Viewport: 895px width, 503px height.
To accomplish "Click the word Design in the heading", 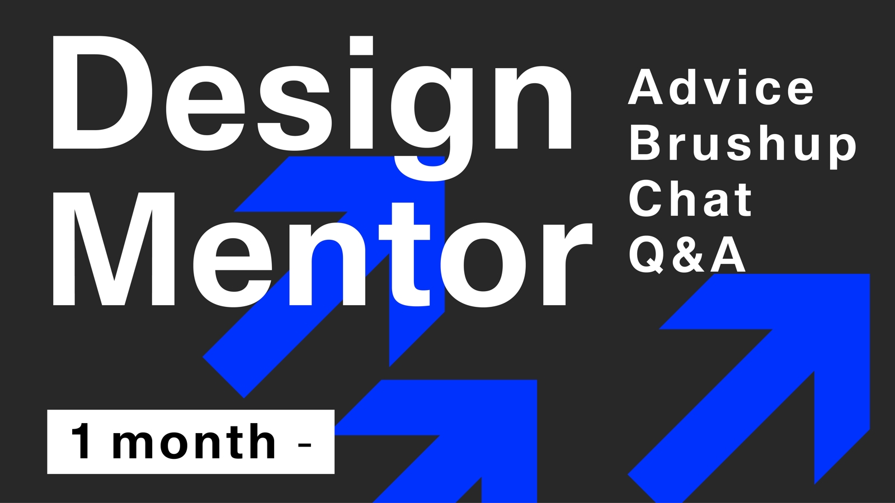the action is pos(312,108).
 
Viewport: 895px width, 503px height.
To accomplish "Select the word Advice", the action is pos(721,87).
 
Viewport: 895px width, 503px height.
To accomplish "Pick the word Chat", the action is pos(690,198).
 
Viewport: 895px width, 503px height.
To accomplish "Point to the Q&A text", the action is pos(687,254).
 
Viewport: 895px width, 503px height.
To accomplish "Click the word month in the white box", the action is pos(194,442).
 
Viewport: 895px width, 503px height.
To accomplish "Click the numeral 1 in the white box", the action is pos(82,442).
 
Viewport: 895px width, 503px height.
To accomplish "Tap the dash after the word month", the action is pos(305,444).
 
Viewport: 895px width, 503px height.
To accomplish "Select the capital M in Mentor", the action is pos(114,249).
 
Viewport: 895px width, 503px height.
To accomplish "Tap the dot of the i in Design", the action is pos(361,45).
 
